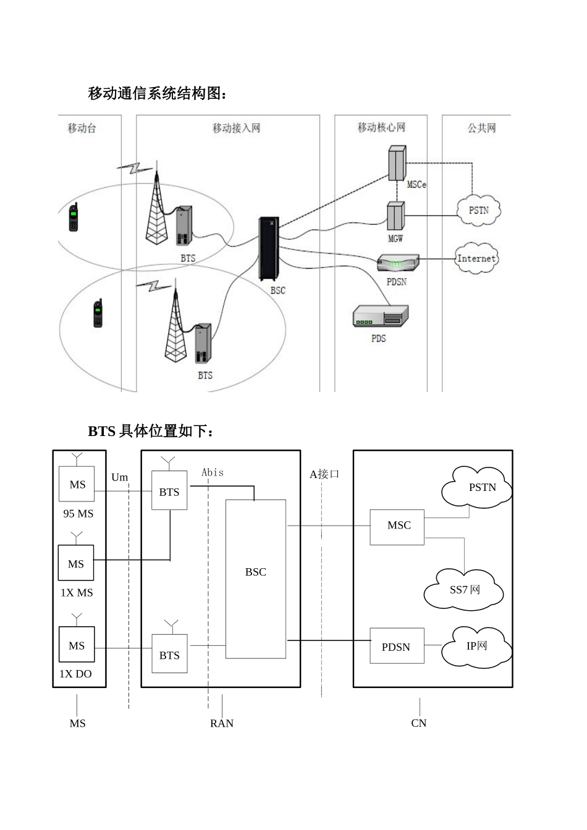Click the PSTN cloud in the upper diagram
tap(478, 211)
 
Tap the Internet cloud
tap(476, 258)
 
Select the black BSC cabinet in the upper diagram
tap(268, 249)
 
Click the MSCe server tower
tap(397, 163)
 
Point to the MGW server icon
tap(395, 217)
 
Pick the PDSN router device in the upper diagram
tap(398, 263)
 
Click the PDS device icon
tap(380, 316)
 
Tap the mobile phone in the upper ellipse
tap(74, 217)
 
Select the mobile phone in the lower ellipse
tap(98, 313)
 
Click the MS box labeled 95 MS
tap(77, 484)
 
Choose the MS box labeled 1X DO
tap(77, 645)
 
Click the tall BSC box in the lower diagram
tap(255, 579)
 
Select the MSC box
tap(397, 526)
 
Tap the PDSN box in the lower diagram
tap(397, 646)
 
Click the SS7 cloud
tap(464, 589)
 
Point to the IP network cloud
tap(476, 646)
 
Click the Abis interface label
tap(213, 472)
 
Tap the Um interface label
tap(119, 477)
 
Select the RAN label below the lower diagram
tap(221, 723)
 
